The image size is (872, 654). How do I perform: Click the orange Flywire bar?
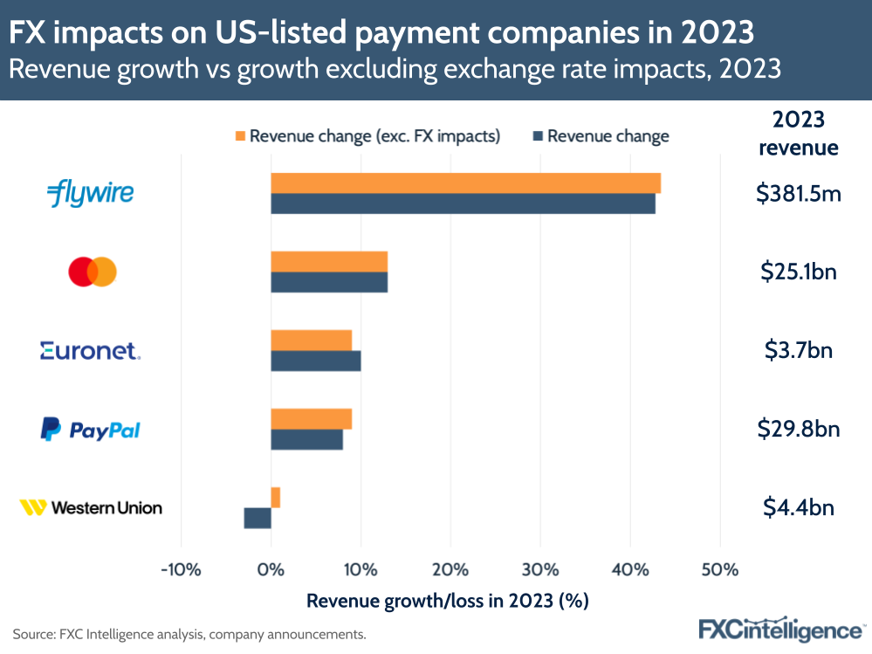tap(465, 183)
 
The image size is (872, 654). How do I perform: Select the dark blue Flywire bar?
tap(463, 203)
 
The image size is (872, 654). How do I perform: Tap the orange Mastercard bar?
tap(329, 262)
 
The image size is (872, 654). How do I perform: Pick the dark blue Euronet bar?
tap(315, 361)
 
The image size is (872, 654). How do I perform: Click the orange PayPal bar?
tap(311, 419)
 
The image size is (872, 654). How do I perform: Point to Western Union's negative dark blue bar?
tap(257, 518)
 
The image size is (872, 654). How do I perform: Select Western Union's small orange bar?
tap(276, 498)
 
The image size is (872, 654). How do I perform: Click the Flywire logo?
tap(90, 192)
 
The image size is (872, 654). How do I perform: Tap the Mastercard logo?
tap(93, 272)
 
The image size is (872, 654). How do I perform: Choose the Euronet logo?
tap(90, 351)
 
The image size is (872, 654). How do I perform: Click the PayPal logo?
tap(90, 430)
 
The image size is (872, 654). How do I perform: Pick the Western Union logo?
tap(91, 507)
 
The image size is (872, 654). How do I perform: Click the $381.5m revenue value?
tap(798, 193)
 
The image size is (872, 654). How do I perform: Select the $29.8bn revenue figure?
tap(798, 429)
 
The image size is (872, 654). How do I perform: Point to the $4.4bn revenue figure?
tap(798, 507)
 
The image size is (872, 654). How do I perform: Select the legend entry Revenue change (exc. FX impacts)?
tap(366, 136)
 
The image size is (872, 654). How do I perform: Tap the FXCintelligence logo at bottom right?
tap(779, 630)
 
